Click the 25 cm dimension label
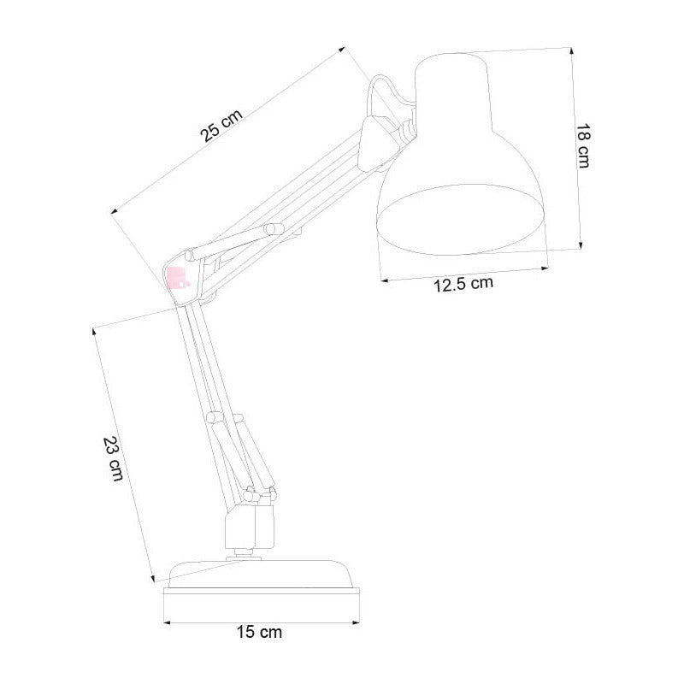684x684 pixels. click(221, 126)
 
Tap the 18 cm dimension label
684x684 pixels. click(584, 145)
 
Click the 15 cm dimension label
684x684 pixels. click(259, 633)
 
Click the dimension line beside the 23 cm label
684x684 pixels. click(124, 453)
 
